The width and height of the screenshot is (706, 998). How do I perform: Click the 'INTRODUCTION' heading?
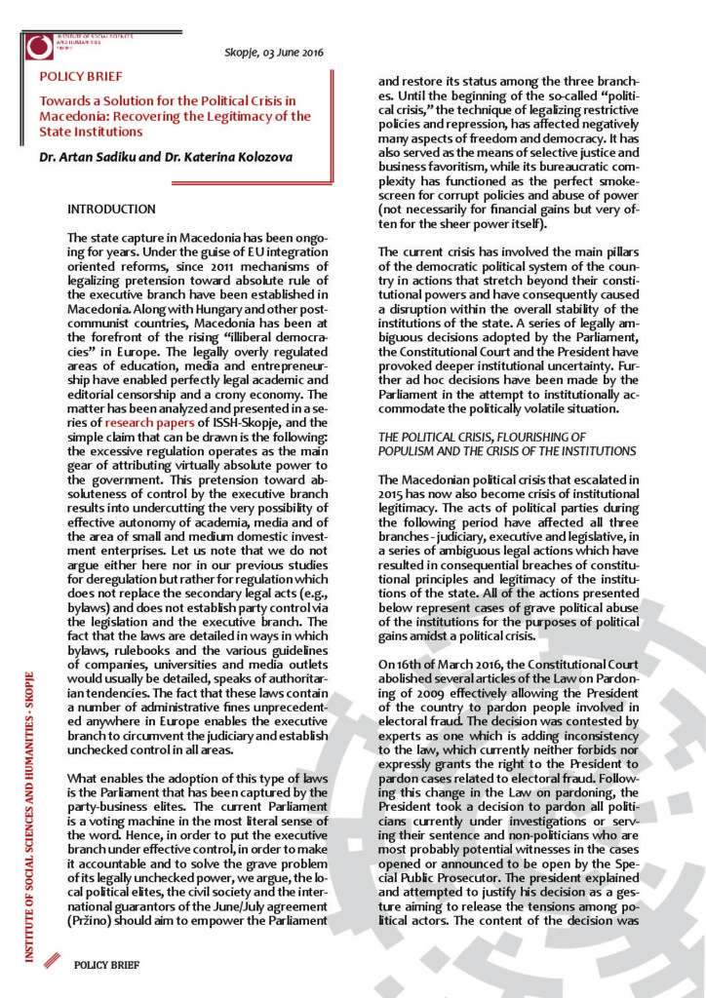click(111, 210)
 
